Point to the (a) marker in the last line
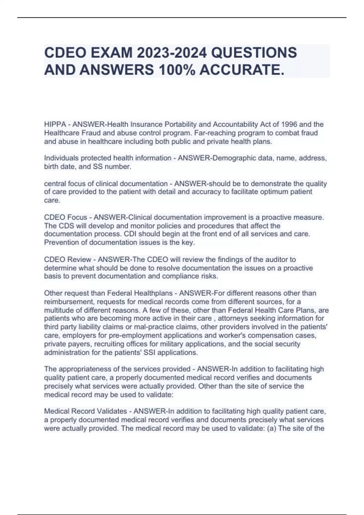pos(271,428)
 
